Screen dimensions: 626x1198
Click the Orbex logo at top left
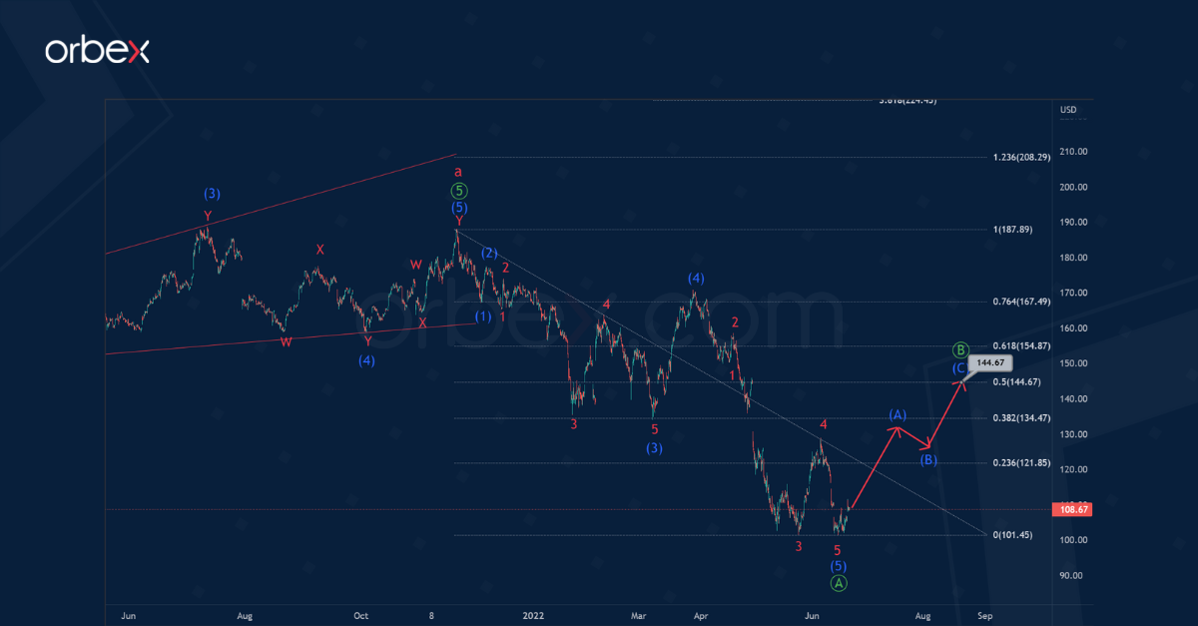[x=97, y=51]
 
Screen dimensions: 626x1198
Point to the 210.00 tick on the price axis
[x=1073, y=152]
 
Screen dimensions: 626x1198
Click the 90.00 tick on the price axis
[x=1071, y=575]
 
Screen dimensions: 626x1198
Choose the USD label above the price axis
[x=1067, y=110]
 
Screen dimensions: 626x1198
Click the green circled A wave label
[x=839, y=583]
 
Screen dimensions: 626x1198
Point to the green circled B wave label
[x=959, y=349]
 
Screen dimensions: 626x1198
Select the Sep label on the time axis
[x=984, y=616]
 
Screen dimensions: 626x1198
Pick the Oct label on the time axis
[x=361, y=616]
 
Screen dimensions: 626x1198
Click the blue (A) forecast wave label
[x=897, y=414]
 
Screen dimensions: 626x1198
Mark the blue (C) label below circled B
[x=959, y=367]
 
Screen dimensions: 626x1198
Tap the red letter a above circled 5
[x=458, y=173]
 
